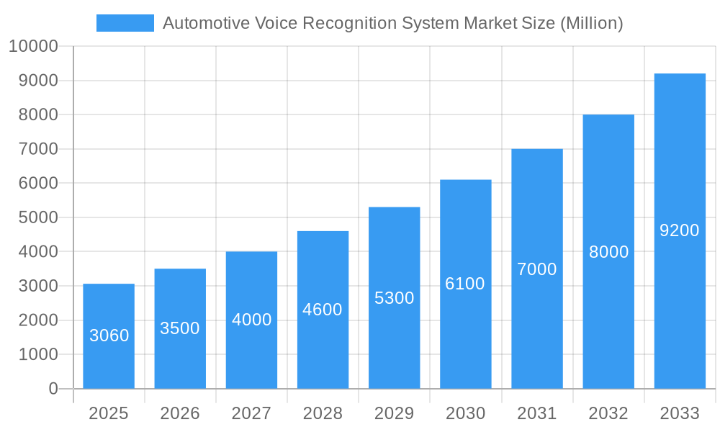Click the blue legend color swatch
click(125, 23)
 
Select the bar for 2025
click(109, 336)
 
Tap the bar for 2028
click(323, 310)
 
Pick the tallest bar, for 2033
click(680, 230)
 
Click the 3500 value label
click(180, 328)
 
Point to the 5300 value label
click(395, 298)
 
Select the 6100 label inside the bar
click(465, 284)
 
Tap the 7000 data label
click(537, 269)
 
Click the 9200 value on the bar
click(680, 230)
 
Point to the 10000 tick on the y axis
click(33, 47)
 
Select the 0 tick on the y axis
click(53, 389)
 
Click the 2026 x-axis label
click(180, 413)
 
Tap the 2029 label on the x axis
click(395, 413)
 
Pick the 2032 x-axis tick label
click(608, 413)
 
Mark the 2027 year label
click(251, 413)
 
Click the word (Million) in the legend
click(590, 23)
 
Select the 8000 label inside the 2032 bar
click(608, 252)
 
